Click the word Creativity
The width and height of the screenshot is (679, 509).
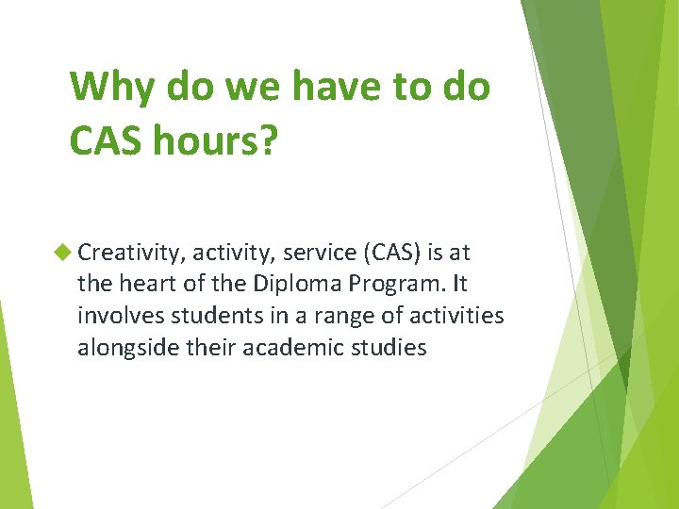tap(131, 253)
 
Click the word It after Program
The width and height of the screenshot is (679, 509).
tap(457, 284)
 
